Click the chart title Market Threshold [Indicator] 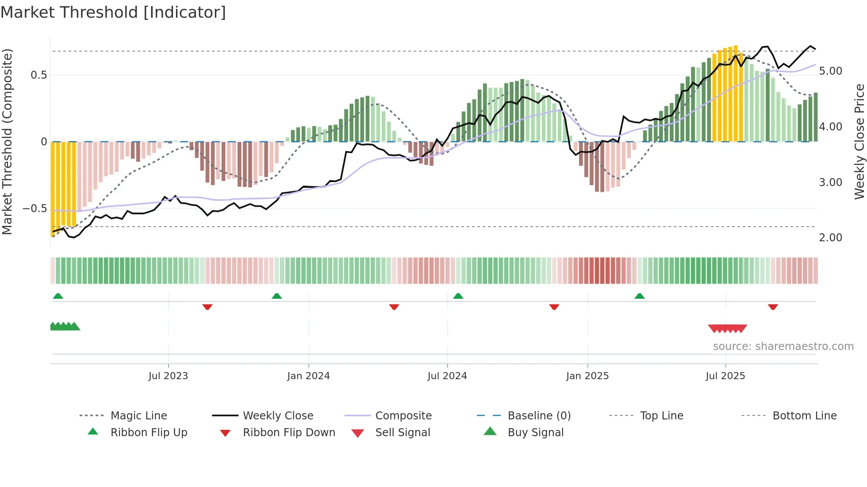113,12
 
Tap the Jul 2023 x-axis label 168,376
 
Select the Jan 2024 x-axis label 308,376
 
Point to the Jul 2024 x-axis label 447,376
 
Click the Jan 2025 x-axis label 587,376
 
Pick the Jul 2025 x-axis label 725,376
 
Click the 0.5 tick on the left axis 39,75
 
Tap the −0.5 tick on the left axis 35,209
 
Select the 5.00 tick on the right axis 830,71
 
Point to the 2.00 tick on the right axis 830,238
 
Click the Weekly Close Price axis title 859,141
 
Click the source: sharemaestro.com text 783,346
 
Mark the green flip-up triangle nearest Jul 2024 458,296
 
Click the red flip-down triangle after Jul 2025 773,307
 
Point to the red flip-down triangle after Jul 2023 207,307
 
